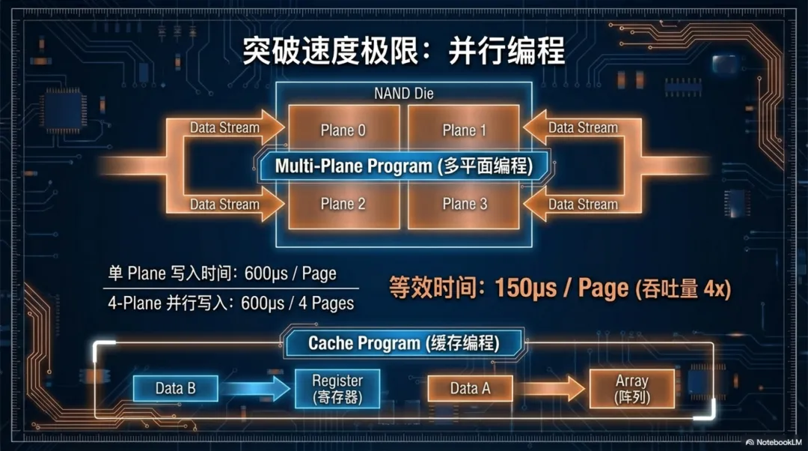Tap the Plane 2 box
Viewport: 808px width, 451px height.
(343, 204)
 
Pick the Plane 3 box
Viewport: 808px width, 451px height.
(464, 204)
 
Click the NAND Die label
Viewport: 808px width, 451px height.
(403, 94)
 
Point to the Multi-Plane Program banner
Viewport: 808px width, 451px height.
(404, 166)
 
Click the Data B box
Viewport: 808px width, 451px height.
(175, 388)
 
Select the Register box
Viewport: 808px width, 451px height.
(337, 389)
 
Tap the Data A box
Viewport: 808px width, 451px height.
(470, 388)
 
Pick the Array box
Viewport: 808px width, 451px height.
(631, 389)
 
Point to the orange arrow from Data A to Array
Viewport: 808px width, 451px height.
(552, 388)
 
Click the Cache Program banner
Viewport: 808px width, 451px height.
(403, 344)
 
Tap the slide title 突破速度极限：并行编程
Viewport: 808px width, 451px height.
(404, 52)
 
